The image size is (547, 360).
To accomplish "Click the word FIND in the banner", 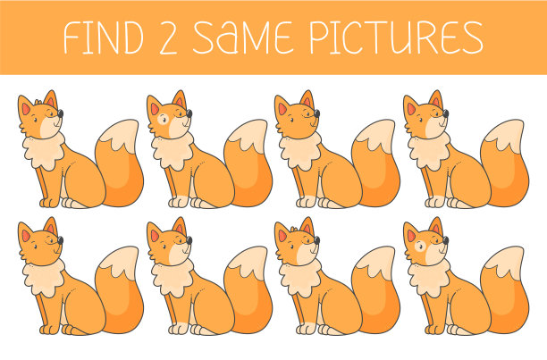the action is coord(104,38).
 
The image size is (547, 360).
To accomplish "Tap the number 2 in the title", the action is coord(168,38).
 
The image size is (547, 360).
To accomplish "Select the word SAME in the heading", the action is coord(241,38).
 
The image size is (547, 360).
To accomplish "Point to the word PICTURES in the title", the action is coord(396,38).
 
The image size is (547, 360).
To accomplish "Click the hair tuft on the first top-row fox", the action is coord(38,102).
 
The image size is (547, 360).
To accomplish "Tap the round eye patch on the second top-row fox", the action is coord(163,119).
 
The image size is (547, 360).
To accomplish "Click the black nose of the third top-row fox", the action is coord(316,113).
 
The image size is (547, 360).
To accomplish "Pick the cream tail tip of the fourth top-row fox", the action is coord(505,135).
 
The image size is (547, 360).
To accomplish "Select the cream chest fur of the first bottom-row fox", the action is coord(44,278).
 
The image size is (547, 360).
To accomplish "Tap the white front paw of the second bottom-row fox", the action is coord(179,329).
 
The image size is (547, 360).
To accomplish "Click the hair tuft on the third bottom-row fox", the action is coord(294,229).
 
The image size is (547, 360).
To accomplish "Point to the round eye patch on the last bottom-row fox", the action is coord(420,246).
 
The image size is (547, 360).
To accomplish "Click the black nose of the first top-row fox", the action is coord(61,113).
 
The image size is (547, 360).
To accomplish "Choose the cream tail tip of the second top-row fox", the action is coord(248,135).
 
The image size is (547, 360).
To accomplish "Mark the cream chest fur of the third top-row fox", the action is coord(300,151).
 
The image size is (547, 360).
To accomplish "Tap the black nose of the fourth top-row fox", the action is coord(445,113).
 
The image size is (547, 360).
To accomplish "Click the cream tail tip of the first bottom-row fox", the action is coord(120,262).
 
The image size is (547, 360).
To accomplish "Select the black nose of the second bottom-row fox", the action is coord(189,240).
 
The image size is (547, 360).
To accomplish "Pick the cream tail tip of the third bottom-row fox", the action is coord(376,262).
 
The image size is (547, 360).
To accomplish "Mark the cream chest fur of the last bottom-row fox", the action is coord(429,278).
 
